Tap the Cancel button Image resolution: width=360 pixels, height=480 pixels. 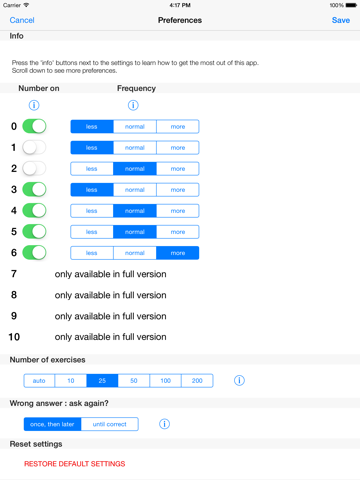(x=22, y=20)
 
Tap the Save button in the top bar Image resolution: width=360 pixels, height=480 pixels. (x=340, y=20)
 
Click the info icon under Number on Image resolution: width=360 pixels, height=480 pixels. (x=34, y=105)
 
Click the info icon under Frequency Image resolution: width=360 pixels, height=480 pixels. (x=133, y=105)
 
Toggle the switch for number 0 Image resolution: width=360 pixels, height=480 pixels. (x=34, y=127)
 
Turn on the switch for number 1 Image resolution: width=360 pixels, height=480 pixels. (x=34, y=148)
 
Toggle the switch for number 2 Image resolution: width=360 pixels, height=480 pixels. (x=34, y=169)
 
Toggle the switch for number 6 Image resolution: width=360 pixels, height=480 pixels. (x=34, y=253)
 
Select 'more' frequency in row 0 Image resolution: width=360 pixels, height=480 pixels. (x=177, y=127)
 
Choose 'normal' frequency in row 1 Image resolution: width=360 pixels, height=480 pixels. (x=134, y=148)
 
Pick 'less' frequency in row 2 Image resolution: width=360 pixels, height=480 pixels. (x=91, y=169)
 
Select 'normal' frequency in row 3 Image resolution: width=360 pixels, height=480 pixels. (x=134, y=190)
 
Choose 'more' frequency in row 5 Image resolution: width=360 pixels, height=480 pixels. (x=177, y=232)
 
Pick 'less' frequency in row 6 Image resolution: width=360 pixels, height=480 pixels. (x=91, y=253)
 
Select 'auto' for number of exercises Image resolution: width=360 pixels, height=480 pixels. (x=39, y=381)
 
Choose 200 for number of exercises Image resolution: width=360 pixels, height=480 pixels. (x=196, y=381)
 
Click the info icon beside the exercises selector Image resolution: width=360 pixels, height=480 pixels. (x=239, y=381)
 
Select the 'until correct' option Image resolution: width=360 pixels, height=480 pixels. (x=109, y=424)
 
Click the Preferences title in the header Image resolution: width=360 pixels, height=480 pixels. (x=180, y=20)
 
